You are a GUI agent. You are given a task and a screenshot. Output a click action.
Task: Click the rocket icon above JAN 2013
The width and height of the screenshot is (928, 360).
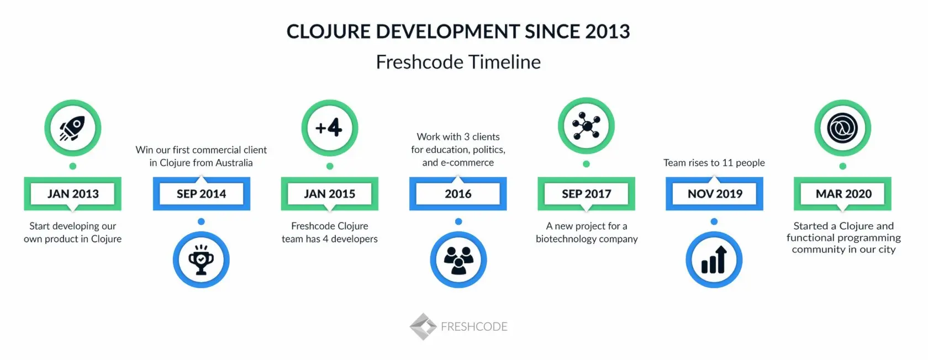[72, 128]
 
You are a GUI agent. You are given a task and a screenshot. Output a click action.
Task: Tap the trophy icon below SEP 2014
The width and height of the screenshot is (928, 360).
[201, 260]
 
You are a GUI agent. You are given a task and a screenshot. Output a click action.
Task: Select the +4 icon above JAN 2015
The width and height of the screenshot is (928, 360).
[329, 128]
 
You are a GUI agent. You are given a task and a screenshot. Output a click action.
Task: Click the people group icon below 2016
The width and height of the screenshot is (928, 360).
[458, 260]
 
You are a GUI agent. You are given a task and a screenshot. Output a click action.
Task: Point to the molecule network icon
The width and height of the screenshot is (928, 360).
[586, 125]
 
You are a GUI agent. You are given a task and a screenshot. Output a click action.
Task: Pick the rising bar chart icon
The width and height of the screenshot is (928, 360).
[714, 260]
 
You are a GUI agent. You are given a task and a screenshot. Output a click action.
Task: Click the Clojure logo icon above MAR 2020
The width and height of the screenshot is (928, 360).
[842, 128]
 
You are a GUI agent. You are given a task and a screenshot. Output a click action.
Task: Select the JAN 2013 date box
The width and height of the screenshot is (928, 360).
[72, 194]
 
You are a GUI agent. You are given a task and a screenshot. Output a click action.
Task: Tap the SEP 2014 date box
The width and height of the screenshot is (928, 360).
[201, 194]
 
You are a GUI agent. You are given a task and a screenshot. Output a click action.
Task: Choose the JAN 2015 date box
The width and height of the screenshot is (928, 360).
[329, 194]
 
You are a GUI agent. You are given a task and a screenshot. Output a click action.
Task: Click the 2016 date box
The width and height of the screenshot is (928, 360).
[458, 194]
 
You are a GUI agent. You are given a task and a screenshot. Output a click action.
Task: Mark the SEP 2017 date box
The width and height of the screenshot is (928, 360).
[586, 194]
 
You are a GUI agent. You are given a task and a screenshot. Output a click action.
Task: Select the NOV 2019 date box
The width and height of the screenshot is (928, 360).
[714, 194]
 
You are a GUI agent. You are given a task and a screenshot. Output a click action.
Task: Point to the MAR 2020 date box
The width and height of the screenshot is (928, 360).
[842, 194]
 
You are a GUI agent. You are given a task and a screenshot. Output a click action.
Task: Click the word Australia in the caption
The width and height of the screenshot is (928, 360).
[234, 163]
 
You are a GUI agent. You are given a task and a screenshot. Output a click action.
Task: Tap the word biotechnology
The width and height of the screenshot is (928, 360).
[561, 239]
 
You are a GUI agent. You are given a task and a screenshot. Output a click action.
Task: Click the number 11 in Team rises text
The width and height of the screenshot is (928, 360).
[727, 163]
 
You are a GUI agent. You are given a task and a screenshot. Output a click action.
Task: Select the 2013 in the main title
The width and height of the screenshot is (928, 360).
[608, 31]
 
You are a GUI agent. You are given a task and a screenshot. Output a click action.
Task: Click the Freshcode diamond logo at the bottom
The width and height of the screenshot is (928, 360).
[423, 326]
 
